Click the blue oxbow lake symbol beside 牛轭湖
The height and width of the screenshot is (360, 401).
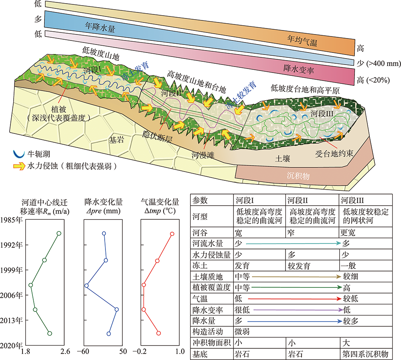pyautogui.click(x=16, y=154)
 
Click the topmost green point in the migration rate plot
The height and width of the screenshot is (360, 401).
pyautogui.click(x=59, y=233)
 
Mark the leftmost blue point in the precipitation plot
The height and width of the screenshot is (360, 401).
pyautogui.click(x=86, y=285)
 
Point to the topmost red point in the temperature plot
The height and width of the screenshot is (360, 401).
pyautogui.click(x=172, y=234)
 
